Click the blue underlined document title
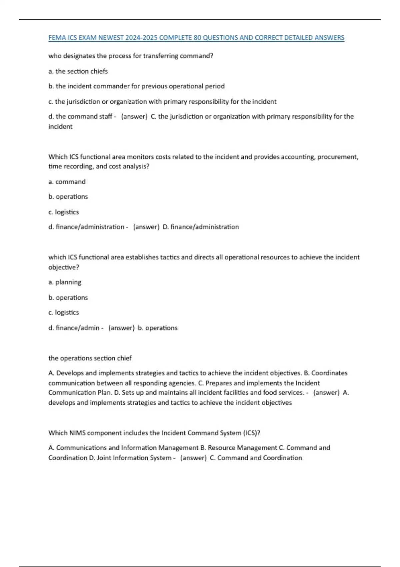pos(196,38)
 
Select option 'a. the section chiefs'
pos(78,71)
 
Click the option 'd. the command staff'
pos(80,116)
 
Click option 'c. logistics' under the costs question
pos(64,212)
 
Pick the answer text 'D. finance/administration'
pos(201,227)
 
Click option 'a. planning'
pos(65,282)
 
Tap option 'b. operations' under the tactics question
pos(68,298)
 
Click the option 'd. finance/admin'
pos(74,328)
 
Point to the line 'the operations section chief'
pos(90,358)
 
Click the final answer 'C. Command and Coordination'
pos(256,458)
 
